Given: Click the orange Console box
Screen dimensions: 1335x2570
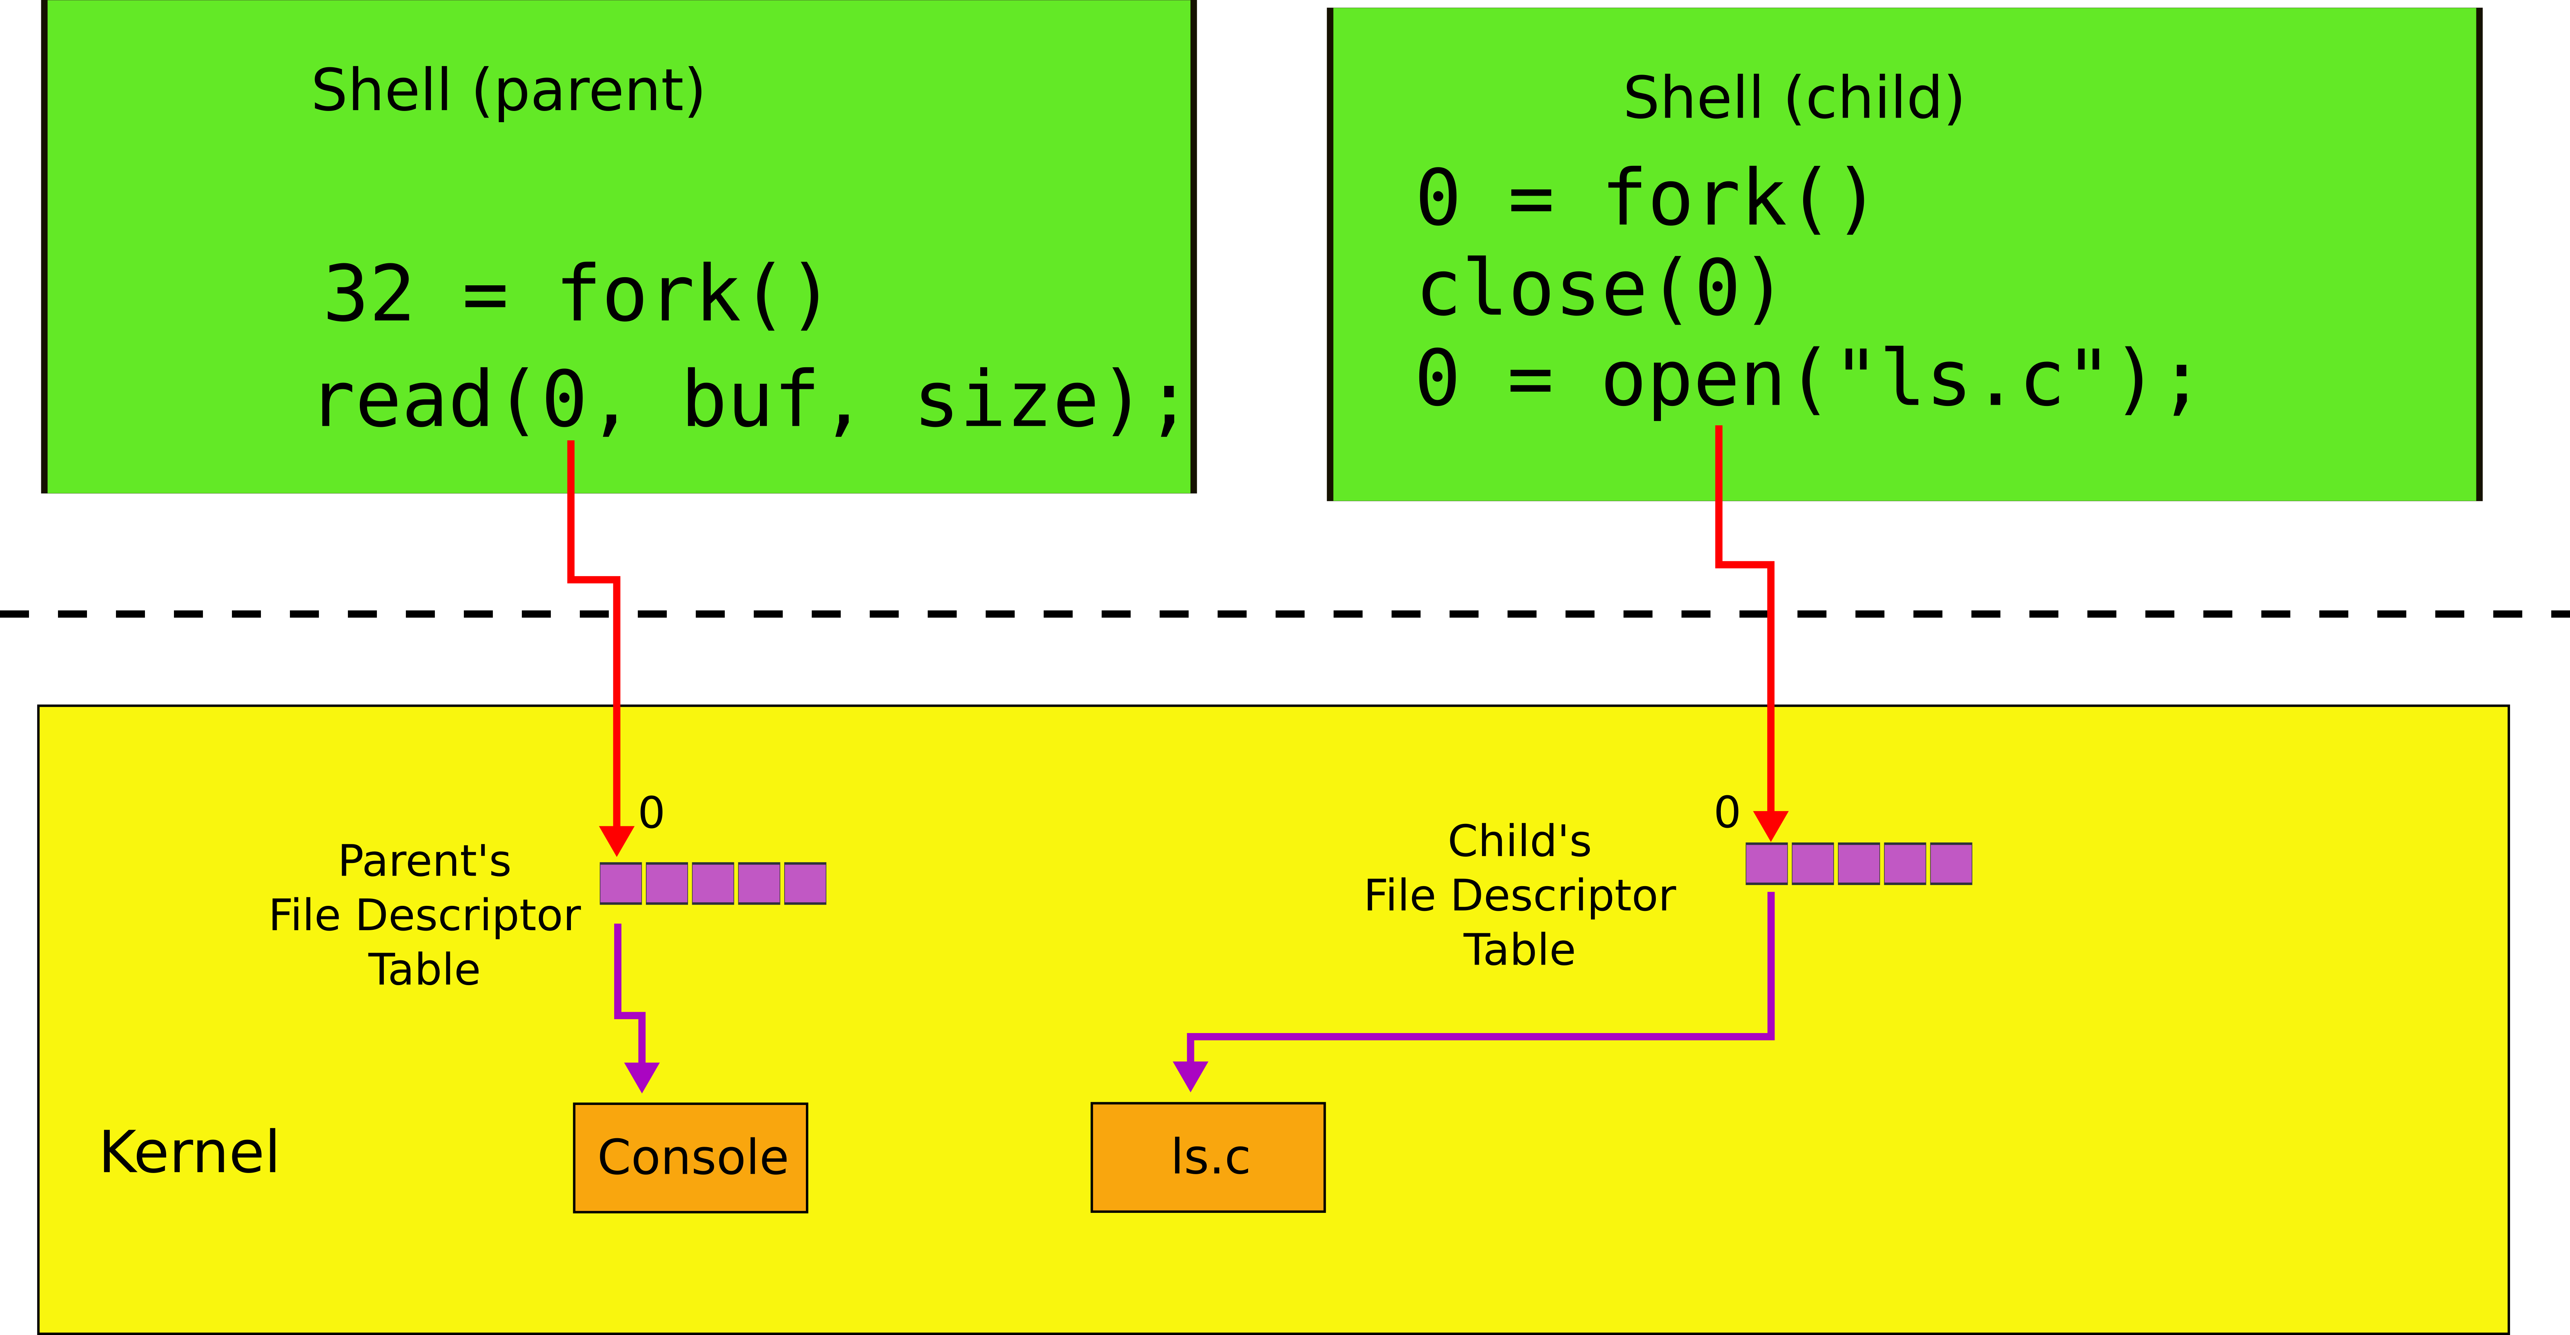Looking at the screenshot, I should (690, 1158).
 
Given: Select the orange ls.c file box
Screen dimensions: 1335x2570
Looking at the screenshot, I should (1208, 1158).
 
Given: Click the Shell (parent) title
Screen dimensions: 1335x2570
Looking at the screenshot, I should (508, 91).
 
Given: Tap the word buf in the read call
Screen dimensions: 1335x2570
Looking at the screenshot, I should (750, 400).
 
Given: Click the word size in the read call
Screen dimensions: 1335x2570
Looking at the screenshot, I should (1008, 400).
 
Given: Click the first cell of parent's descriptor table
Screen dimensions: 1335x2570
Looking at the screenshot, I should (620, 883).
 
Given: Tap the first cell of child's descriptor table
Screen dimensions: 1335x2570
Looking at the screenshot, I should (1766, 863).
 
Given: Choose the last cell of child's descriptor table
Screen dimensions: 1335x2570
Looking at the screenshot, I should (1950, 863).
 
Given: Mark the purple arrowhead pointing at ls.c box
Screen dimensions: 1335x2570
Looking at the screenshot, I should (1190, 1076).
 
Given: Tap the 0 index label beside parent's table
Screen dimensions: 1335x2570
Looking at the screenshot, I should (651, 813).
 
